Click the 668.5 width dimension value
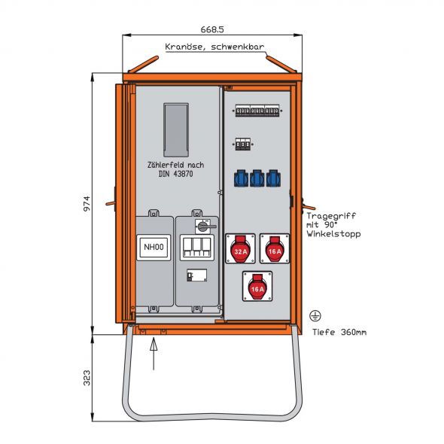[x=212, y=29]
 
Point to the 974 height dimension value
[x=87, y=203]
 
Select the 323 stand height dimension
[x=87, y=378]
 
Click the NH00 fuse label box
[x=154, y=247]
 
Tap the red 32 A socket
[x=240, y=248]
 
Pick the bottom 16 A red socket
[x=257, y=286]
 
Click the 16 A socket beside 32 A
[x=275, y=248]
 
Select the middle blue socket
[x=257, y=178]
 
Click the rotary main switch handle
[x=206, y=227]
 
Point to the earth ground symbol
[x=315, y=315]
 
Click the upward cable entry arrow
[x=154, y=354]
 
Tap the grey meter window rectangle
[x=176, y=130]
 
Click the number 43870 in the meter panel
[x=183, y=174]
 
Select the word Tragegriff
[x=331, y=216]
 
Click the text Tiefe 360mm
[x=339, y=332]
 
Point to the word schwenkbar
[x=237, y=47]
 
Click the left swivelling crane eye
[x=143, y=64]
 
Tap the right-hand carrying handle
[x=309, y=206]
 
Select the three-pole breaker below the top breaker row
[x=243, y=144]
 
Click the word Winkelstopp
[x=333, y=234]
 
